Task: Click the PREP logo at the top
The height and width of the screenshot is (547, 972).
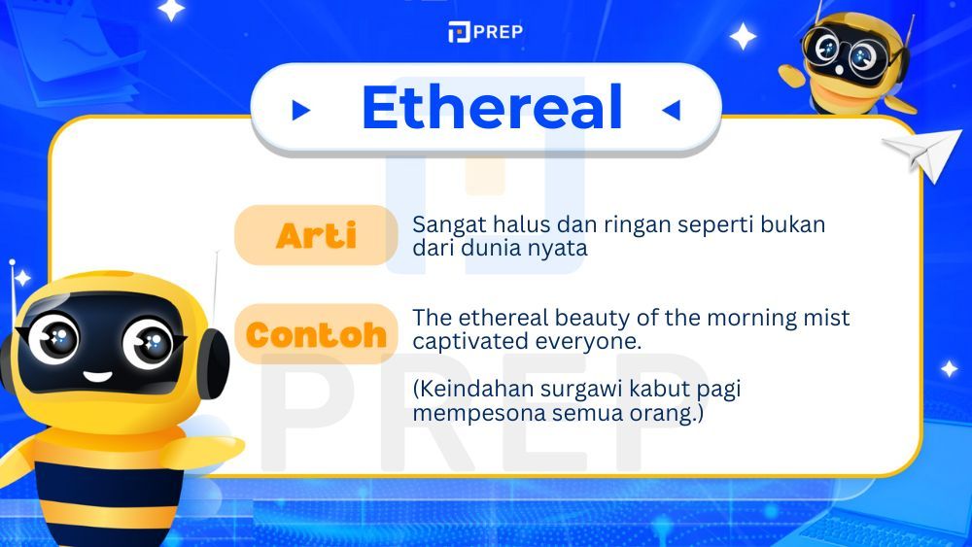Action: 485,32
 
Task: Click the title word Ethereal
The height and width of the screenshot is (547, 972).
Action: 491,108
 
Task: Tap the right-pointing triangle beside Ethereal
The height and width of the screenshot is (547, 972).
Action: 301,111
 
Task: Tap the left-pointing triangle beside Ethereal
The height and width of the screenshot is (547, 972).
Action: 671,111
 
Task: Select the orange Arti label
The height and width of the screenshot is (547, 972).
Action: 316,235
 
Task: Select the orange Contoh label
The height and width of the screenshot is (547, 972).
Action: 316,335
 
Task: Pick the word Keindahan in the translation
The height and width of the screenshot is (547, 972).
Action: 465,389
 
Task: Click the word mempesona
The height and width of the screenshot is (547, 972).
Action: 465,413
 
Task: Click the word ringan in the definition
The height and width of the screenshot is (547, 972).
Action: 613,224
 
